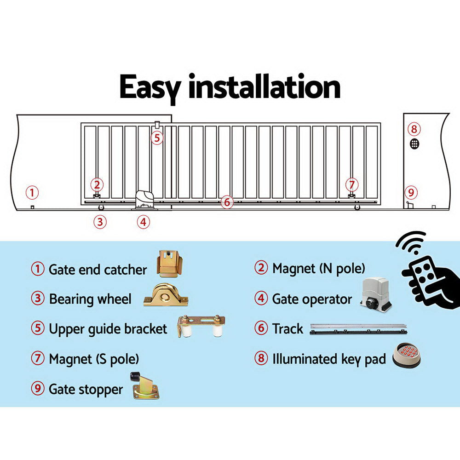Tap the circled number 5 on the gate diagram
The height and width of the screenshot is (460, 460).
pyautogui.click(x=157, y=138)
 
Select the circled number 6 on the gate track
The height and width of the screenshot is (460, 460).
pyautogui.click(x=226, y=201)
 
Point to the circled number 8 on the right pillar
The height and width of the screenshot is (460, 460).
pyautogui.click(x=414, y=129)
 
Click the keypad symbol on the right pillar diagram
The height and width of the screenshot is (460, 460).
pyautogui.click(x=414, y=144)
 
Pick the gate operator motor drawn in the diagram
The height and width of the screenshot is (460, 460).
pyautogui.click(x=145, y=201)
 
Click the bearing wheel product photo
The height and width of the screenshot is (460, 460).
pyautogui.click(x=166, y=295)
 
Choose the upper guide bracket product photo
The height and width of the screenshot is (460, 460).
pyautogui.click(x=201, y=326)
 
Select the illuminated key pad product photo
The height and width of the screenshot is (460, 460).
pyautogui.click(x=406, y=356)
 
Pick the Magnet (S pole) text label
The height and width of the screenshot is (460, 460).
pyautogui.click(x=94, y=359)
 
